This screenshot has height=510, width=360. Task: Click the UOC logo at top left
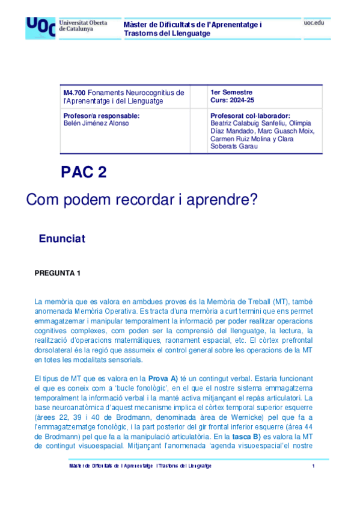[x=40, y=28]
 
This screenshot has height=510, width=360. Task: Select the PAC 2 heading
[x=84, y=173]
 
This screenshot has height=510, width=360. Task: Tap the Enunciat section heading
[x=62, y=239]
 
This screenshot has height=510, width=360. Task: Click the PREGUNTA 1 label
[x=58, y=273]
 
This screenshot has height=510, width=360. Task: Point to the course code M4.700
[x=75, y=93]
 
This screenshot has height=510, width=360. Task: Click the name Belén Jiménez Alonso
[x=95, y=123]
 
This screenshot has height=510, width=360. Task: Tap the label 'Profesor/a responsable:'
[x=101, y=115]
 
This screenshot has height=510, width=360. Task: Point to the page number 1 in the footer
[x=314, y=466]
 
